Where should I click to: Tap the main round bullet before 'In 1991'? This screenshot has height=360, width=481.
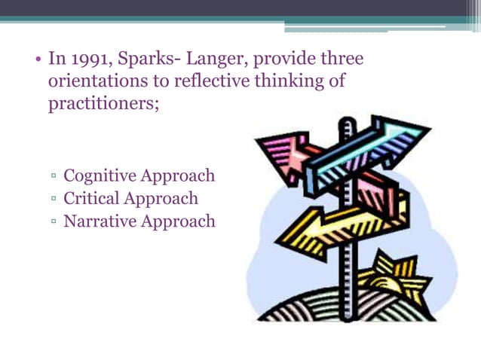(38, 59)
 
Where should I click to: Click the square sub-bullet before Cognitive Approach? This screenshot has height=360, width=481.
(55, 178)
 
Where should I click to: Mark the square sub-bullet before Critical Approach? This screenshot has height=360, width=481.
(55, 200)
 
